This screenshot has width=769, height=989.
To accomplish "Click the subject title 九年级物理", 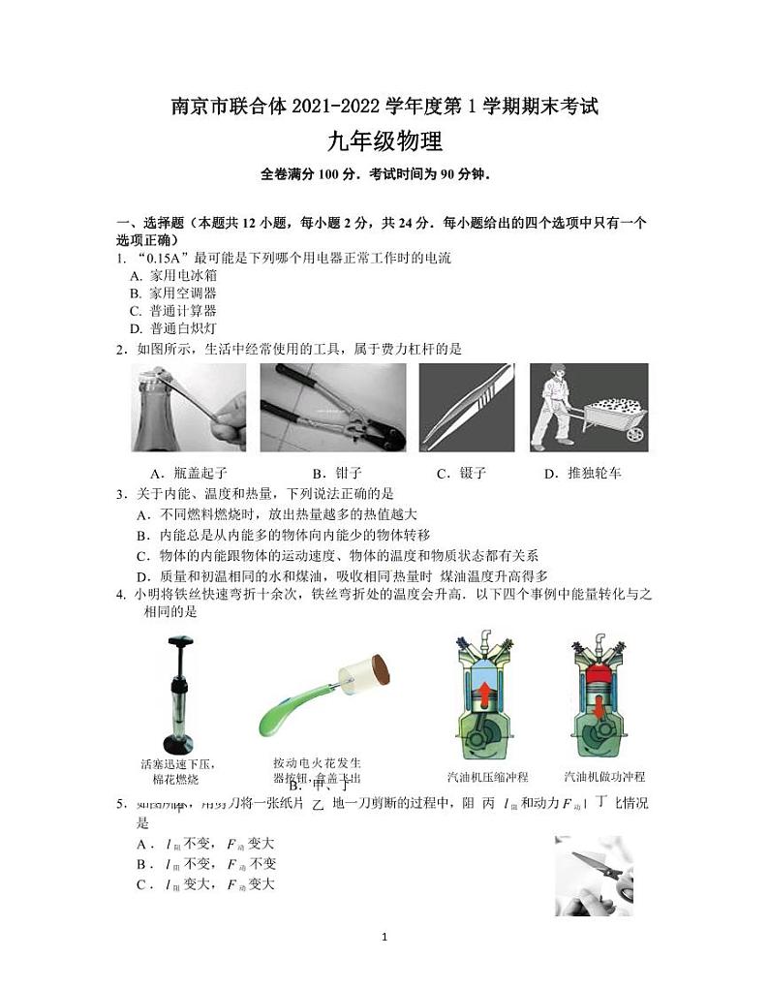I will point(384,142).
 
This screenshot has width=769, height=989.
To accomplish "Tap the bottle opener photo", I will point(189,407).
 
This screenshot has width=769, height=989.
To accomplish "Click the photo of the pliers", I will point(332,407).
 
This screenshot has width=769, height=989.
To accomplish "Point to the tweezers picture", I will point(465,407).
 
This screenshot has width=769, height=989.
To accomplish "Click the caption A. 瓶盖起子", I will point(189,474).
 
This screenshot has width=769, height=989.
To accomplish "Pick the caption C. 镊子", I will point(461,474).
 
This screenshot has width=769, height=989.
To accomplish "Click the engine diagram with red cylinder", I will point(602,697).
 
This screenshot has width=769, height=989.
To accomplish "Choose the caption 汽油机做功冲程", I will point(604,777).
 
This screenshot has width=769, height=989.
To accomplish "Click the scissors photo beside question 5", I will point(593,876).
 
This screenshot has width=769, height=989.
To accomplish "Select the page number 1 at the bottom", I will point(385,938).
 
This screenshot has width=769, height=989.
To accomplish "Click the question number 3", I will point(121,494).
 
